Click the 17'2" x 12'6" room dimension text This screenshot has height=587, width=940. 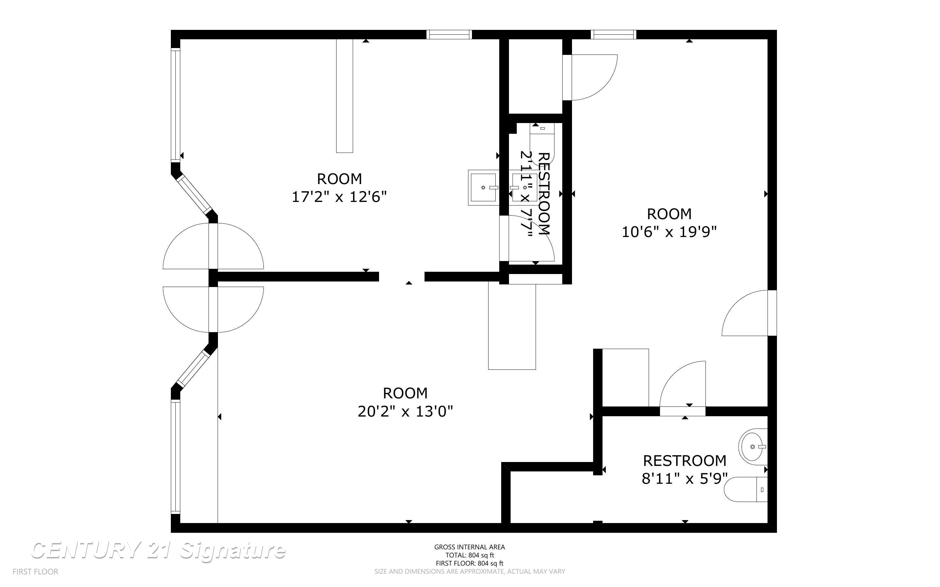(x=339, y=197)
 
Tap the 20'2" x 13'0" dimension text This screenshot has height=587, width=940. (x=405, y=412)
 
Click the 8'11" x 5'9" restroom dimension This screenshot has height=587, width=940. (x=684, y=479)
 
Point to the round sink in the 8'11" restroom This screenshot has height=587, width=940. (x=753, y=447)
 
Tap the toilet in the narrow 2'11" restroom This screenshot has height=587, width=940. (x=542, y=144)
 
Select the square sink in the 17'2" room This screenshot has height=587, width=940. (x=483, y=188)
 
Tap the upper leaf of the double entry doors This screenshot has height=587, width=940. (x=213, y=246)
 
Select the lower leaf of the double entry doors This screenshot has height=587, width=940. (x=213, y=309)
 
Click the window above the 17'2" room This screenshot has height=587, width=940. (x=449, y=34)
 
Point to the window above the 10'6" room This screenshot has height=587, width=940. (x=614, y=34)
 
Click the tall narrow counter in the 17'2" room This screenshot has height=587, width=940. (x=344, y=95)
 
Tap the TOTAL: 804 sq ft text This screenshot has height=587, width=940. (x=469, y=555)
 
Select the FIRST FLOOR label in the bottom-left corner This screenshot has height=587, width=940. (x=35, y=571)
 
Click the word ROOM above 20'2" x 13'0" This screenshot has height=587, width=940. (x=405, y=393)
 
